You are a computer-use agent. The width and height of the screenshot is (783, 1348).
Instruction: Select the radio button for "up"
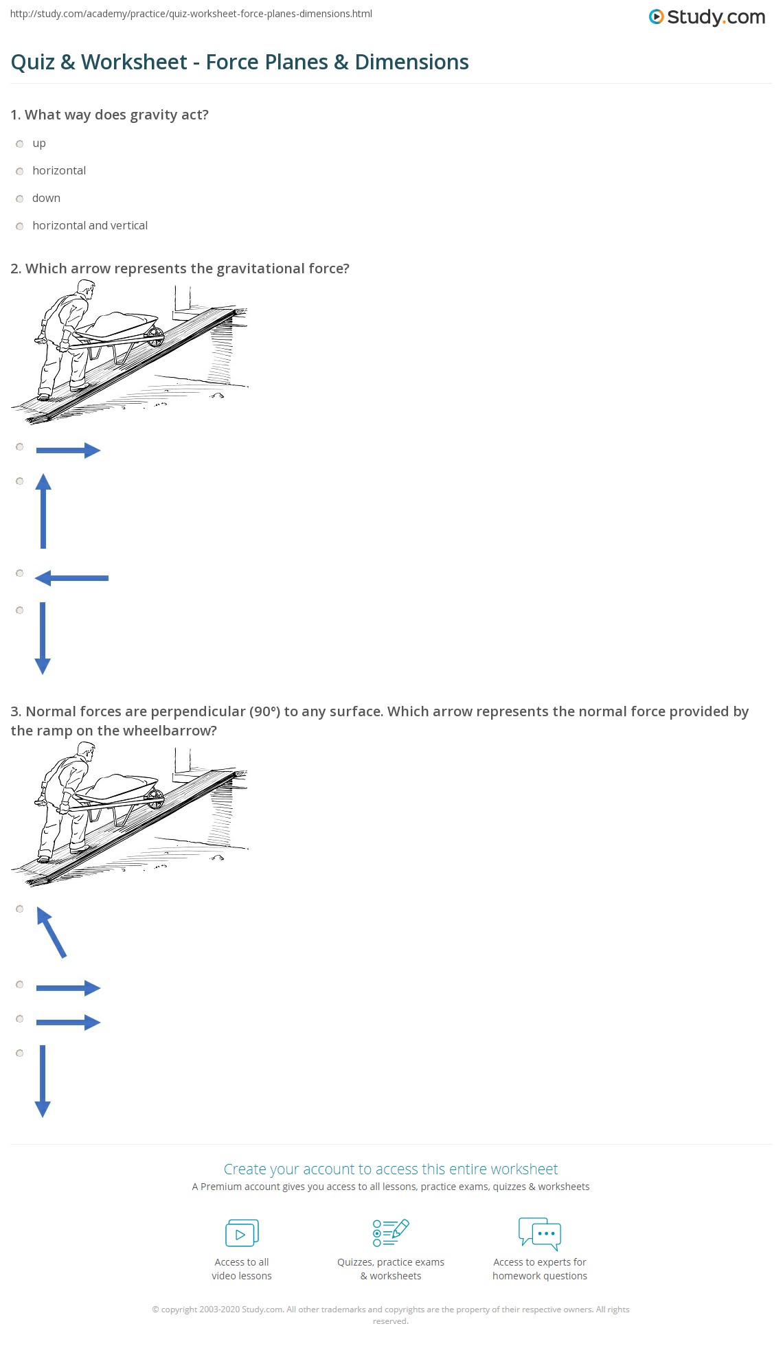pos(19,144)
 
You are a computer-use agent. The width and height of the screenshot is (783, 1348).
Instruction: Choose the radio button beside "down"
pos(19,198)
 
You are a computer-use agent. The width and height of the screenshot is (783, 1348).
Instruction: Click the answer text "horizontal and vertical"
pos(90,225)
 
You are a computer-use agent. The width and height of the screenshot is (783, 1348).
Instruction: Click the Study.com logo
pos(707,16)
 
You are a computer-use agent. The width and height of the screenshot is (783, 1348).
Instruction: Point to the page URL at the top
pos(191,14)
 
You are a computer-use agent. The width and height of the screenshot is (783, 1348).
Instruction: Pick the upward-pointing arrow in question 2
pos(43,511)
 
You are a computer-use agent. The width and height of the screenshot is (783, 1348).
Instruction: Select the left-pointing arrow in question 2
pos(71,578)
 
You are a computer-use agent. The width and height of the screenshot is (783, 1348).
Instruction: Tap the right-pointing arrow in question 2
pos(68,450)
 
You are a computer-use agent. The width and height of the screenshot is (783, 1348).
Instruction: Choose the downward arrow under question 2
pos(43,638)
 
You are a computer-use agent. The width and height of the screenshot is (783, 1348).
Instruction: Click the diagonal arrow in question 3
pos(52,933)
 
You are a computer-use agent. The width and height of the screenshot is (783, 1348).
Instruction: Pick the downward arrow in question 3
pos(43,1081)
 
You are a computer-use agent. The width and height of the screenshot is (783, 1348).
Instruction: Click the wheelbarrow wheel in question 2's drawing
pos(155,336)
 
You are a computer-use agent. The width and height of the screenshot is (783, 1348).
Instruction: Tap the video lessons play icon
pos(242,1233)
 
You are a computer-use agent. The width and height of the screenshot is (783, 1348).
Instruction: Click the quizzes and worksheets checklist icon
pos(391,1233)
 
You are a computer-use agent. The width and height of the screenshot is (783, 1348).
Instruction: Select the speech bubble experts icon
pos(540,1233)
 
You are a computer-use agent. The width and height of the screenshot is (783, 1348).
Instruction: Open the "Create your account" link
pos(390,1169)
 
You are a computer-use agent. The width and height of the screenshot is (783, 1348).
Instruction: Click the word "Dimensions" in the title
pos(411,62)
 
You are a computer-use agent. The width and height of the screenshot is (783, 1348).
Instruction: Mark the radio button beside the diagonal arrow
pos(19,909)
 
